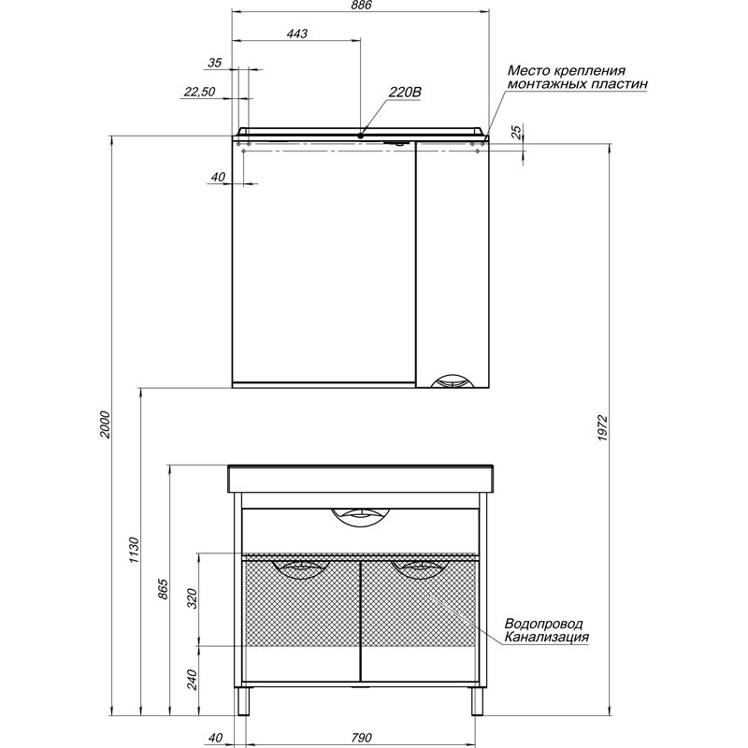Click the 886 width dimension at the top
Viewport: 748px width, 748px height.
pos(361,5)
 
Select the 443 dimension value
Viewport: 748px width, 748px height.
pos(296,34)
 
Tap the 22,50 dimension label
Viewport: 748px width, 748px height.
pos(200,92)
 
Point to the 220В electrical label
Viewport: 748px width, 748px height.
pos(405,92)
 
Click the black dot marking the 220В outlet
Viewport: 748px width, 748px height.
pos(361,136)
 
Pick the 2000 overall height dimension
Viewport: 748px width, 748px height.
pos(105,425)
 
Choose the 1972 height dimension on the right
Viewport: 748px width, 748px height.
pos(602,427)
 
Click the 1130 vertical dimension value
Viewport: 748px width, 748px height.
pos(134,550)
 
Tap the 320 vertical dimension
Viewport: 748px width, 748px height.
pos(192,598)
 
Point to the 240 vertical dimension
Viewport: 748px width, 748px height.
pos(192,680)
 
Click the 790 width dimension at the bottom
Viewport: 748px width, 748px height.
pos(361,738)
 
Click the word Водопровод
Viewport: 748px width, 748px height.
pos(543,624)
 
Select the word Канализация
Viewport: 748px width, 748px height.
pos(547,637)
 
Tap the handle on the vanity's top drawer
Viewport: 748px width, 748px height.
pos(361,516)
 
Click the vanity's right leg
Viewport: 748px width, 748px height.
pos(478,701)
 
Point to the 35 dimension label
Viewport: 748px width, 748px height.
pos(215,63)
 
